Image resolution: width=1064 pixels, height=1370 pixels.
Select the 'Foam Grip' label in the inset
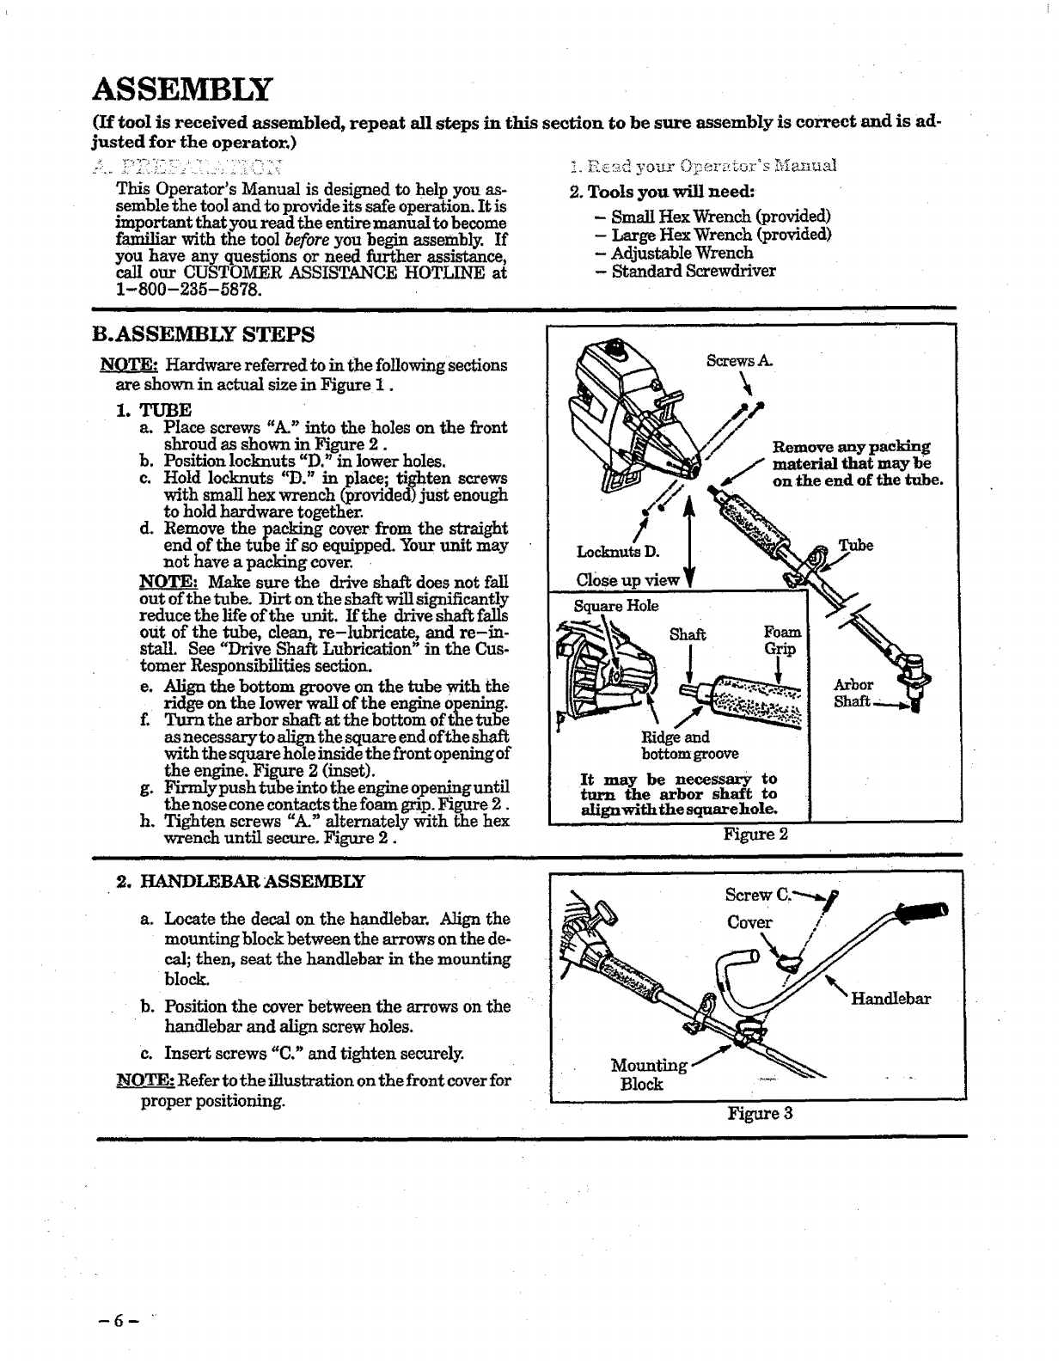[x=780, y=640]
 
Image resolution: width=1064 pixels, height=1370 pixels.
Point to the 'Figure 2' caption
[x=755, y=834]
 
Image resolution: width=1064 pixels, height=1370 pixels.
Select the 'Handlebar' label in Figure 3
[x=890, y=999]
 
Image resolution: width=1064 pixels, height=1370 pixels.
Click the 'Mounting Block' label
[x=647, y=1074]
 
